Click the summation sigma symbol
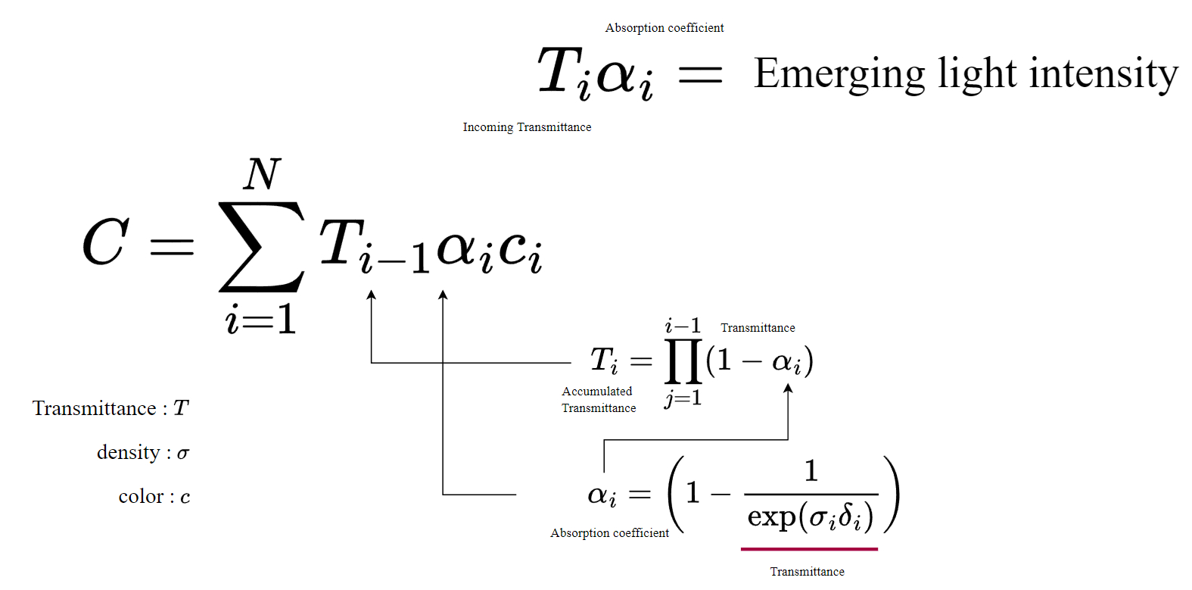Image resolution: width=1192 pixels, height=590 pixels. coord(261,246)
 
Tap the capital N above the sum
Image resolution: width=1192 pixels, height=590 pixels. coord(263,173)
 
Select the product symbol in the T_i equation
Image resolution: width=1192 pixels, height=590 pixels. coord(682,361)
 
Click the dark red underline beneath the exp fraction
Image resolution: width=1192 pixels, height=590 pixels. coord(809,548)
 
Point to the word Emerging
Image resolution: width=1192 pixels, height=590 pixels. coord(839,74)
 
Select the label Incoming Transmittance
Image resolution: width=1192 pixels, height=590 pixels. coord(527,127)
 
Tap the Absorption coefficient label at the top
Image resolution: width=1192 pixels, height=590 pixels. coord(664,28)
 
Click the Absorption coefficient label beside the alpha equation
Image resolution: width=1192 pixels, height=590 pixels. coord(609,533)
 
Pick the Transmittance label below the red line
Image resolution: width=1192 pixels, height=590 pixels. coord(807,572)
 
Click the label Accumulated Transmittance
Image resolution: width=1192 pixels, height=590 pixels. coord(598,399)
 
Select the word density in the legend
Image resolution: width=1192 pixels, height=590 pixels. coord(128,452)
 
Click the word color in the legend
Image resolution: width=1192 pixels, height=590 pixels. coord(141,496)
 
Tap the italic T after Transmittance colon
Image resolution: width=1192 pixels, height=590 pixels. coord(181,408)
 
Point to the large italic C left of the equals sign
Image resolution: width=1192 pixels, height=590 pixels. coord(105,242)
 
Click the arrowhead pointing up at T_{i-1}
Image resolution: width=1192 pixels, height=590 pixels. coord(371,295)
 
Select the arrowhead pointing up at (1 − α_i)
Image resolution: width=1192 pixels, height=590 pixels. coord(788,389)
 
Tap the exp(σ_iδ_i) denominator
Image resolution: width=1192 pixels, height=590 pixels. coord(811,517)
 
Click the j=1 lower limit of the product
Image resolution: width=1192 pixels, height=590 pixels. coord(683,398)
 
